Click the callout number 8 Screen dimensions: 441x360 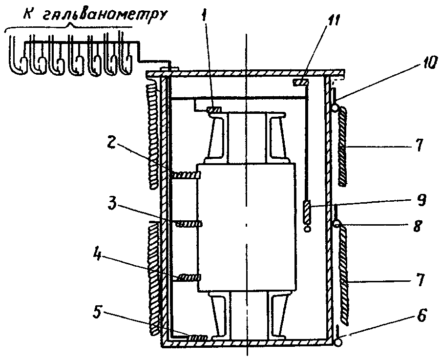(x=417, y=226)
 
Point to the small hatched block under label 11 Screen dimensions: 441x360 (x=301, y=82)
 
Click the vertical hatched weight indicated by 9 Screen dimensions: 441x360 (x=307, y=212)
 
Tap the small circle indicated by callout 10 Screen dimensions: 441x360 (x=335, y=108)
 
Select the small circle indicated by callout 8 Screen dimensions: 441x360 (x=336, y=224)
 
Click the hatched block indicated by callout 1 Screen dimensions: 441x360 (x=214, y=109)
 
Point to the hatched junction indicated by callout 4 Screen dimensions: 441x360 (x=189, y=277)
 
